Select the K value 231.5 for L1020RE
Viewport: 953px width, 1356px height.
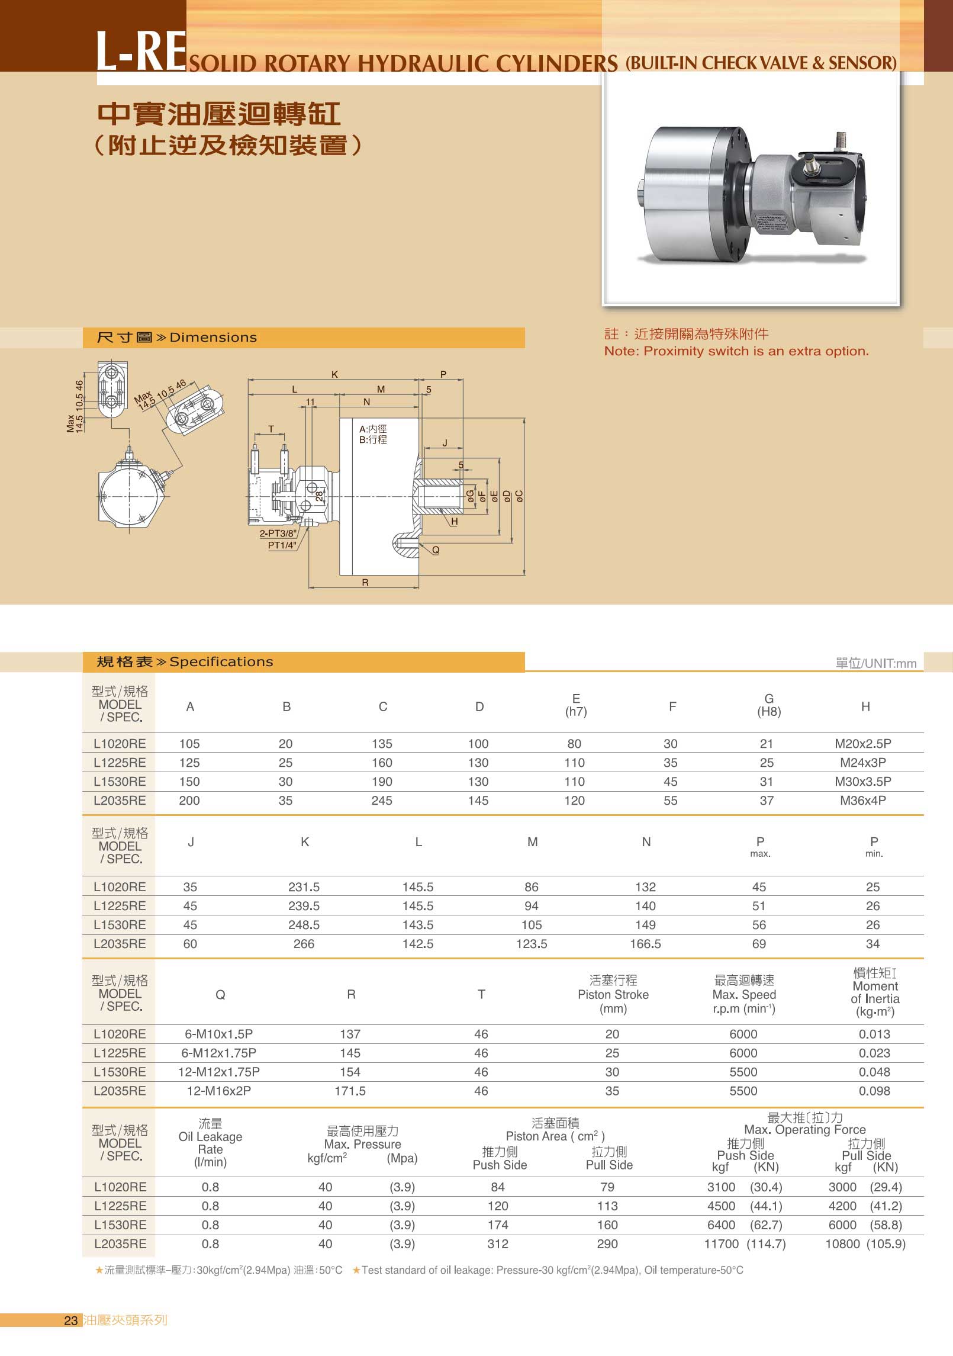[x=304, y=887]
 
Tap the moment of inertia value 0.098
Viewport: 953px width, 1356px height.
[x=874, y=1091]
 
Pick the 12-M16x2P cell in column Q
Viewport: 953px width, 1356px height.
[x=219, y=1091]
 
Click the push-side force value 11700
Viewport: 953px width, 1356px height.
[x=721, y=1244]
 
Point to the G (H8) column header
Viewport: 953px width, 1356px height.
[x=769, y=705]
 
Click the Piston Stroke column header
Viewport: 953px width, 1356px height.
[x=613, y=995]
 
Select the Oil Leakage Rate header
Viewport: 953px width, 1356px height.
[x=210, y=1143]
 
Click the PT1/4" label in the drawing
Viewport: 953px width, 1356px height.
[x=282, y=545]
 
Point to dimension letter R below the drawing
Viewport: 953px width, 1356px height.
[x=365, y=583]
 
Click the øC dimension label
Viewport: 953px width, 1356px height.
[x=519, y=496]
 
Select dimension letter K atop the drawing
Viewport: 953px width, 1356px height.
[x=334, y=374]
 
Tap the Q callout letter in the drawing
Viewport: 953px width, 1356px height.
[x=436, y=550]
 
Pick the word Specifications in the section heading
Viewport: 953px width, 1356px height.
[x=221, y=662]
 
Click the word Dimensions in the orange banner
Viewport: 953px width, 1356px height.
[x=213, y=338]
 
